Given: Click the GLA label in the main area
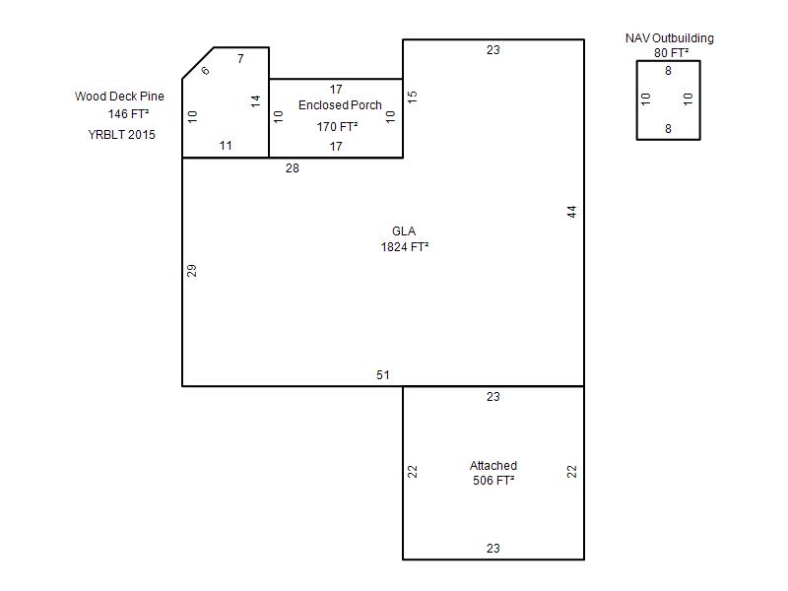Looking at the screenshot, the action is click(x=404, y=231).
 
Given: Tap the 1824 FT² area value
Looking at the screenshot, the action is click(x=405, y=247).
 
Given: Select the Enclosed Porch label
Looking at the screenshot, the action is click(x=340, y=105).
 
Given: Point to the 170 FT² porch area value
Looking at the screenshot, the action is click(x=337, y=127).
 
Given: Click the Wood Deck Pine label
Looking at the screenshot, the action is click(x=119, y=96).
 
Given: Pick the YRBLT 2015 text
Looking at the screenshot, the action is click(x=121, y=135).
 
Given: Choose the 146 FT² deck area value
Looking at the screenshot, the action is click(x=129, y=114).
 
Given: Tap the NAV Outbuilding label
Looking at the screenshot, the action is click(x=670, y=38).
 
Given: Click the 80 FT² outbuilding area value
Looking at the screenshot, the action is click(x=672, y=53).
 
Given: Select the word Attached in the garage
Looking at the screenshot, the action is click(x=493, y=465).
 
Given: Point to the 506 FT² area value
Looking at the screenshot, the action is click(x=493, y=481).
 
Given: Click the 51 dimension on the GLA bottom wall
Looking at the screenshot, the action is click(x=383, y=375).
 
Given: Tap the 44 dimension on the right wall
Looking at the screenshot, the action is click(x=572, y=212).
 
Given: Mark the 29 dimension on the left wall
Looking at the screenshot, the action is click(x=191, y=271).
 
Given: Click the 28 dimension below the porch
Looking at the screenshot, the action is click(x=293, y=168).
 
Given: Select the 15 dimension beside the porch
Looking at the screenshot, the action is click(x=412, y=97).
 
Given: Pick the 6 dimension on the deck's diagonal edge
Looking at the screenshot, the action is click(x=205, y=70).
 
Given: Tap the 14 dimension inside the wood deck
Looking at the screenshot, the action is click(x=256, y=101).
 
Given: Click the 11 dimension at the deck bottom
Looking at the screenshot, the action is click(x=226, y=146).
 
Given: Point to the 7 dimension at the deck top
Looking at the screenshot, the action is click(x=240, y=59).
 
